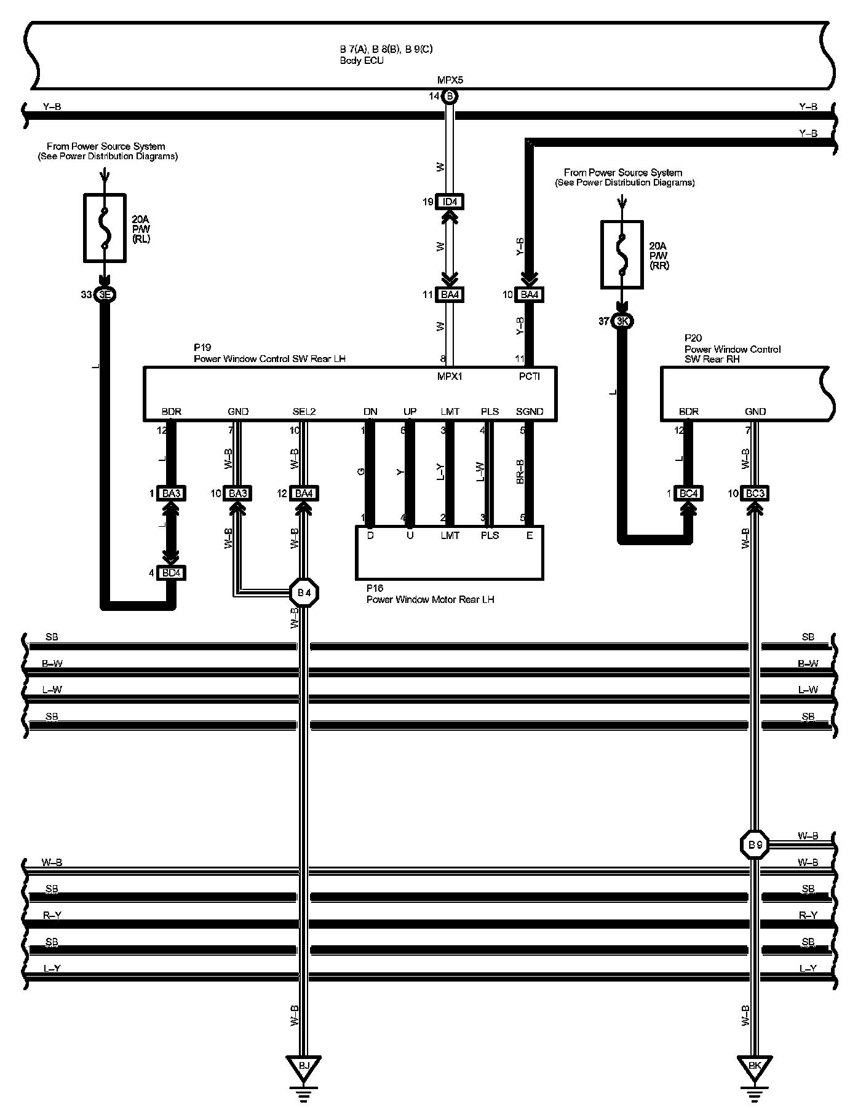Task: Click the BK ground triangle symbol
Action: click(x=755, y=1067)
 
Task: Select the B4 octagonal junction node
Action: click(x=304, y=593)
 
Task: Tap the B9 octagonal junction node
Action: click(x=755, y=846)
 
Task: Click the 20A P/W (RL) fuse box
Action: click(x=105, y=228)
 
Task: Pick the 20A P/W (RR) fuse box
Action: click(x=622, y=254)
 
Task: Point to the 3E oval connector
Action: click(x=105, y=295)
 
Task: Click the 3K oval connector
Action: click(x=622, y=321)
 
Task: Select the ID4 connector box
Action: click(x=450, y=202)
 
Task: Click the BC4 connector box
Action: click(x=688, y=494)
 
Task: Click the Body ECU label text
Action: click(x=362, y=61)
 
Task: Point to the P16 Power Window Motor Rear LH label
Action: click(x=430, y=594)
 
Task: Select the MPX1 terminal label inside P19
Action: click(x=450, y=376)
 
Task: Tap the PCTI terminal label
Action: click(x=529, y=376)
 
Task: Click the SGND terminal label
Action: click(x=529, y=412)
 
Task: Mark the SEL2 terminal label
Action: click(x=304, y=412)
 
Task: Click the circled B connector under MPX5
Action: click(x=450, y=96)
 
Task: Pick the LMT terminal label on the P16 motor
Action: click(x=450, y=535)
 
